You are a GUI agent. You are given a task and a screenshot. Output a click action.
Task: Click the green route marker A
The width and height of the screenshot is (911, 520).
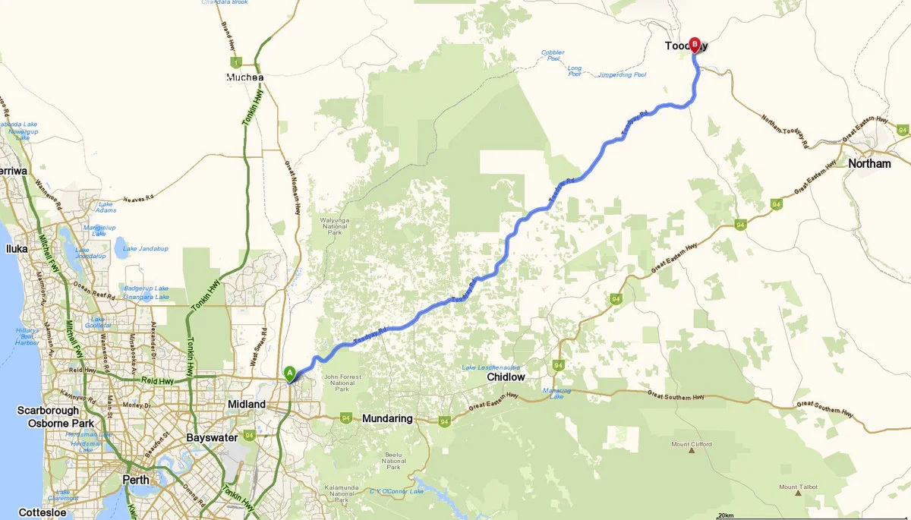289,373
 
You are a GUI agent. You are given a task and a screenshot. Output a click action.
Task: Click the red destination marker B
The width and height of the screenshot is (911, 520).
695,44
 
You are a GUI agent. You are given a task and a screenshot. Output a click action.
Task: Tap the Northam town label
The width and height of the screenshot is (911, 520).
869,163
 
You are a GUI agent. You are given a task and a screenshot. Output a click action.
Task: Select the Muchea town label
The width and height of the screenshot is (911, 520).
245,77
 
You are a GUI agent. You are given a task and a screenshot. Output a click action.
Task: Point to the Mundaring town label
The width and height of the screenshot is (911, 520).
387,418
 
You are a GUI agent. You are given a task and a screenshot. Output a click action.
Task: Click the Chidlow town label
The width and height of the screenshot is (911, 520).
506,377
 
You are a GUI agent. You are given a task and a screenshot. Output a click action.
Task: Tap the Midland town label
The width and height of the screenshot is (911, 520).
247,404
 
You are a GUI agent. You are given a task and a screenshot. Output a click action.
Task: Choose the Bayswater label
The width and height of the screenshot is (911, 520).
212,437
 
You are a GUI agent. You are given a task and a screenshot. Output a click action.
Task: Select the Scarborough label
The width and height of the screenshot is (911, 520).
48,411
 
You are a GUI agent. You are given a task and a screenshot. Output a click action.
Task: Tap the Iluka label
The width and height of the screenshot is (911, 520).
17,247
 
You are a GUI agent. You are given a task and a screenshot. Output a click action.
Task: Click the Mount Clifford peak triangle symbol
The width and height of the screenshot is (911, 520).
692,451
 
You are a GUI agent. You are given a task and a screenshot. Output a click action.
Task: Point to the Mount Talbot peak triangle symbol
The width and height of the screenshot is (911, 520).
799,493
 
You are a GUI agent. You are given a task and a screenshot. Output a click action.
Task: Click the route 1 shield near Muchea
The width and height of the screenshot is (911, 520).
237,61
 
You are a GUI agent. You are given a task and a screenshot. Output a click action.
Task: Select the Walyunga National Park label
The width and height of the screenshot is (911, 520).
335,225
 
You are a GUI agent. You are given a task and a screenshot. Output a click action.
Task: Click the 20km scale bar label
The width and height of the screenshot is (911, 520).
725,515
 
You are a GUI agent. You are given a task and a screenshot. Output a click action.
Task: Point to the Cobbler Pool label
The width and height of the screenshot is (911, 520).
552,55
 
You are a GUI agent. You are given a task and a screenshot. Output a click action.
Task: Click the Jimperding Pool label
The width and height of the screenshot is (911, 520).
622,75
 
